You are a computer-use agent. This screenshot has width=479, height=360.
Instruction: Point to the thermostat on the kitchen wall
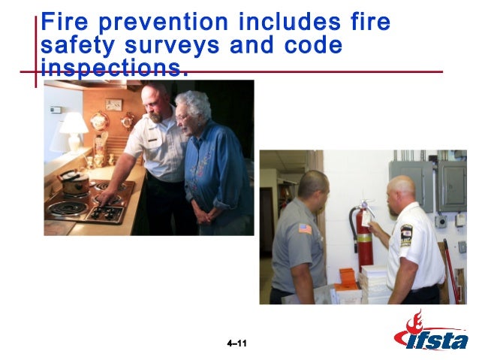[x=56, y=110]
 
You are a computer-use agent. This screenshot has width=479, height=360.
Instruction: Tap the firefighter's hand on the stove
[x=108, y=197]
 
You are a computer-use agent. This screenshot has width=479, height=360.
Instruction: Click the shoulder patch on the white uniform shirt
[x=406, y=234]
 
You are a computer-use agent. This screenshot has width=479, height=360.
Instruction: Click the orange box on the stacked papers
[x=347, y=277]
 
